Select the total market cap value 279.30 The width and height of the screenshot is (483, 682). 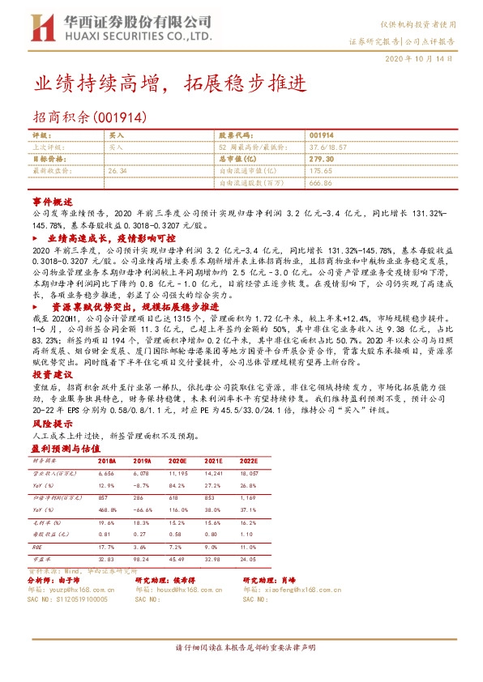tap(323, 160)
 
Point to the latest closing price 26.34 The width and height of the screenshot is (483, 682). tap(118, 171)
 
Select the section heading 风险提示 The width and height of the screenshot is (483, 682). tap(53, 423)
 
